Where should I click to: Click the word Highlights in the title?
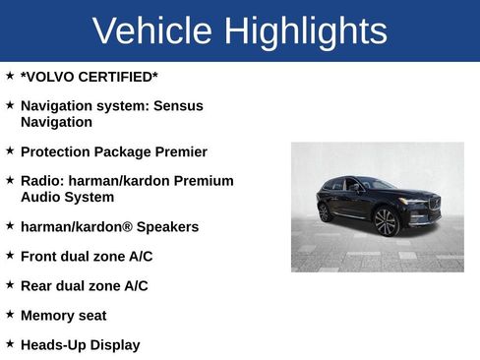[305, 31]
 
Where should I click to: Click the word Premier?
[178, 151]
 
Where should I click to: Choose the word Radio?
[42, 181]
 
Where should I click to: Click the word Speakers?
[167, 227]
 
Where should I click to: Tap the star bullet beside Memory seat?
[10, 315]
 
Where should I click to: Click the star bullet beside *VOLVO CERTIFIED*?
[10, 75]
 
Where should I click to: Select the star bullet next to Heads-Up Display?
[10, 344]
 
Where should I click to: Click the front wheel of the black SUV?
[387, 222]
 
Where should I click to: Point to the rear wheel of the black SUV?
[326, 211]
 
